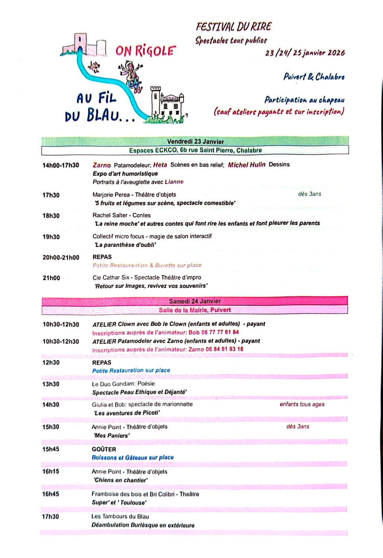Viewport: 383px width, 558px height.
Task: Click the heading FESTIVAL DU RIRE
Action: (x=233, y=27)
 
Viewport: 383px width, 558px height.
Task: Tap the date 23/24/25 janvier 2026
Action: (x=305, y=53)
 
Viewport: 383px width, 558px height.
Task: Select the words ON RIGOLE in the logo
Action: (x=145, y=51)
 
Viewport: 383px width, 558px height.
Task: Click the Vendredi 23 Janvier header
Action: (x=195, y=141)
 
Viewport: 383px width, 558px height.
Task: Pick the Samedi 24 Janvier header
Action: (x=195, y=301)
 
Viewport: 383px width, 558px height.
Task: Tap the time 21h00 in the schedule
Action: (x=51, y=278)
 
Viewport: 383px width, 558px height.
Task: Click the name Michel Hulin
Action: (x=246, y=164)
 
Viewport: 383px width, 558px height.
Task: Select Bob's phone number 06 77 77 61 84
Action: (x=220, y=332)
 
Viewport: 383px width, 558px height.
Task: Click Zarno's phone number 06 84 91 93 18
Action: (x=225, y=349)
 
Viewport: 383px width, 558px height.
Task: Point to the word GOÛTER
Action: (x=104, y=449)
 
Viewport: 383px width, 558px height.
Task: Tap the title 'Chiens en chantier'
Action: (x=121, y=480)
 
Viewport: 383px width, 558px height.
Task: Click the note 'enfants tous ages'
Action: (x=302, y=404)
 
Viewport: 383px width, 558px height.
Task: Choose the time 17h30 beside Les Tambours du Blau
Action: (x=50, y=516)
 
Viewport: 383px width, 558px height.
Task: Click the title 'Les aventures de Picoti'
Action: (x=127, y=413)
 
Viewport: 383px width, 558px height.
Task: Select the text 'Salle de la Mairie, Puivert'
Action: (x=195, y=310)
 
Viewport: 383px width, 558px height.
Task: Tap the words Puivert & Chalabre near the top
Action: (x=314, y=77)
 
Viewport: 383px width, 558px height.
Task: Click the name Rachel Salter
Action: (x=109, y=215)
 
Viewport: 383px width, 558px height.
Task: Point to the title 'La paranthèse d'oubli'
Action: (x=125, y=245)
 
